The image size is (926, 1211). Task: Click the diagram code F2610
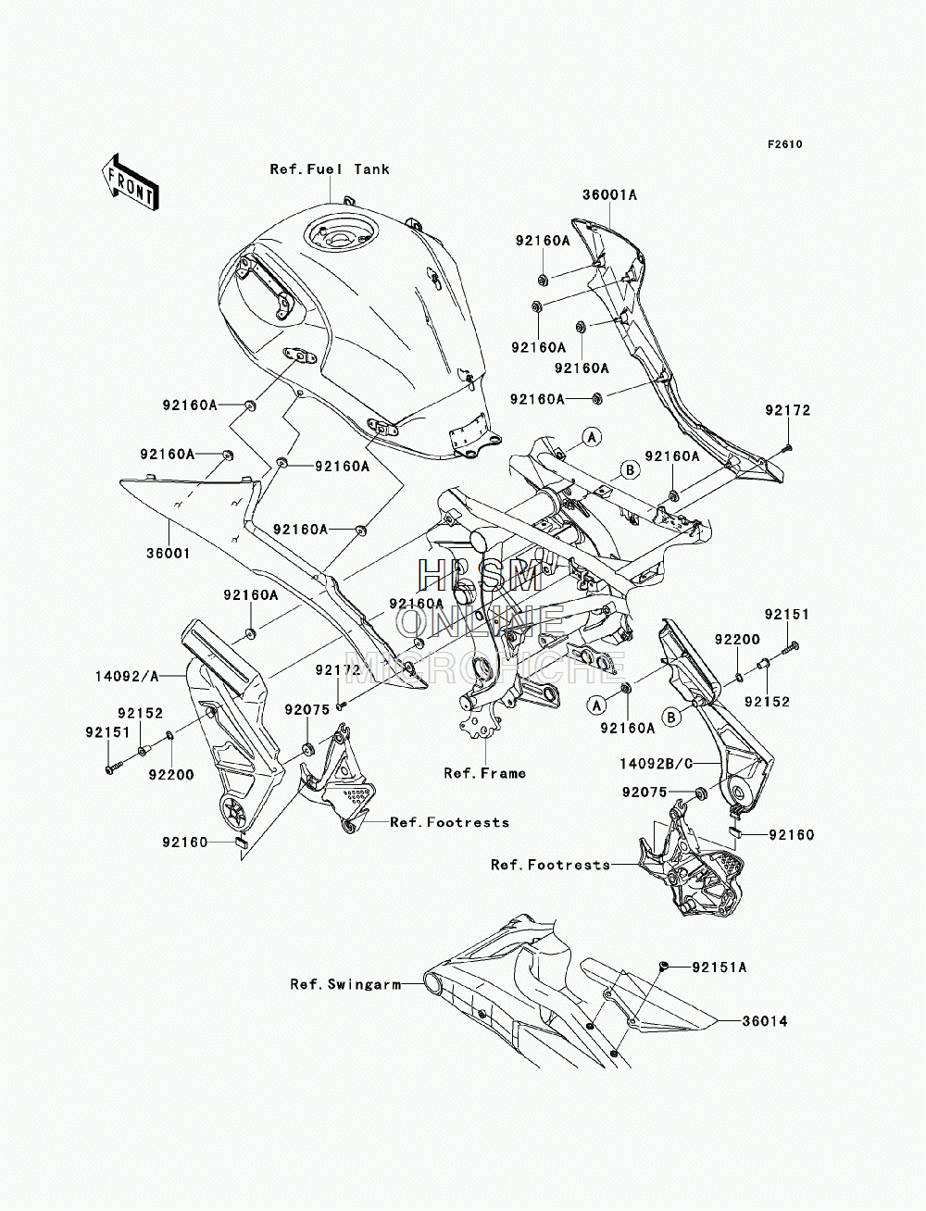[785, 144]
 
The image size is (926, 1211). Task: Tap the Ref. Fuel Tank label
[330, 169]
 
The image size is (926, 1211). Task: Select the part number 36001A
[610, 194]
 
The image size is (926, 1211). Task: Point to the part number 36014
[764, 1021]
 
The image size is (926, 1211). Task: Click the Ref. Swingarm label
[345, 984]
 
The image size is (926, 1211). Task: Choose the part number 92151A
[720, 968]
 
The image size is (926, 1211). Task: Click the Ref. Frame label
[485, 773]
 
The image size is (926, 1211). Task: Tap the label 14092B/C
[656, 764]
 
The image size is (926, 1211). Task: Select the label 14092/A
[127, 676]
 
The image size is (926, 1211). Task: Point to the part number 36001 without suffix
[169, 553]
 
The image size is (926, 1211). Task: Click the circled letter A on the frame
[592, 438]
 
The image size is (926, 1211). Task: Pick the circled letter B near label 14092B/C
[671, 717]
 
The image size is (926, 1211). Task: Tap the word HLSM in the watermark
[479, 576]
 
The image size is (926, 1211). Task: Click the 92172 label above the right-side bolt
[787, 410]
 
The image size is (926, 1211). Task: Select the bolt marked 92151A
[664, 965]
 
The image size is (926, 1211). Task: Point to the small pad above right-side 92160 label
[735, 832]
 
